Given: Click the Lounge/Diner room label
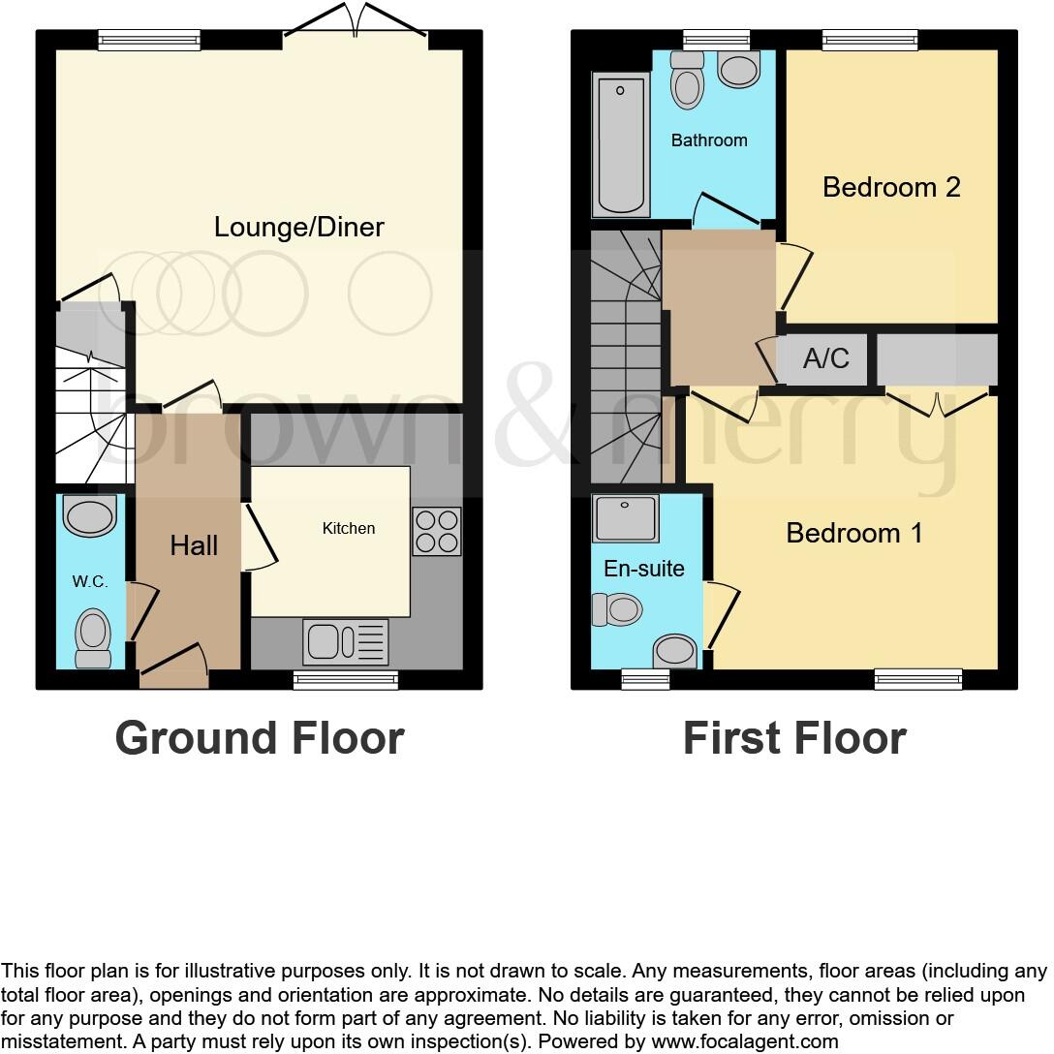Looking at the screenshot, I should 299,228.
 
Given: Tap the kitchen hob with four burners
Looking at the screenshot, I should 436,531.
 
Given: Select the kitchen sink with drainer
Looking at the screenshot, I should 346,641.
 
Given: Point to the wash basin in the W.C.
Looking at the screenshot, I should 90,515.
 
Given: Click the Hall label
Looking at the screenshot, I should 194,546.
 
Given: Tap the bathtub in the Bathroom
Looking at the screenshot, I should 622,145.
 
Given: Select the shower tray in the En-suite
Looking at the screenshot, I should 626,518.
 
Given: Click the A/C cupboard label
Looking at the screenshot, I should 825,359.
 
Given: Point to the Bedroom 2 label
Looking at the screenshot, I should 891,187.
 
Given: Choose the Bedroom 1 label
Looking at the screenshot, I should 854,533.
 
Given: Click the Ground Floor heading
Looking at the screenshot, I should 260,738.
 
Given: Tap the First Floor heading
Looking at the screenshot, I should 794,738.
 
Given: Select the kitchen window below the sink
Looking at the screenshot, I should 346,680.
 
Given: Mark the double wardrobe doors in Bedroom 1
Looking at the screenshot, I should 937,401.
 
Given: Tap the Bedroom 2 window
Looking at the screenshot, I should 870,40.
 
